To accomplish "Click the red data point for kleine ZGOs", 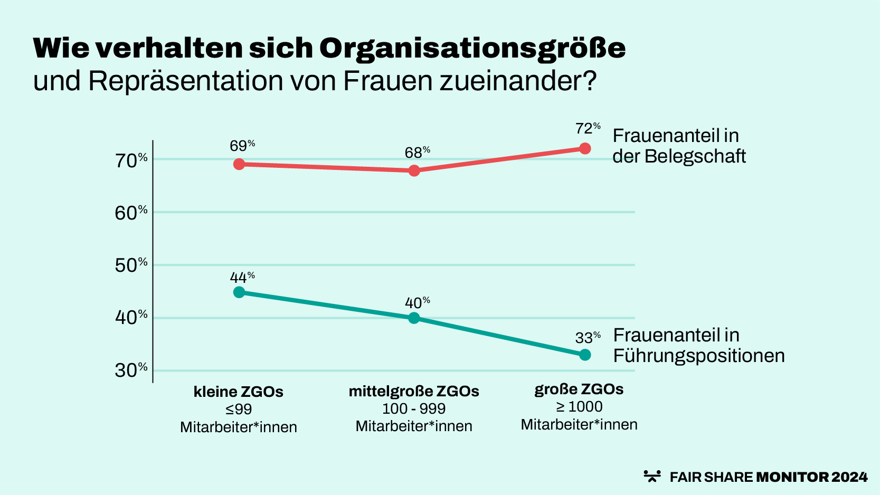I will pos(239,164).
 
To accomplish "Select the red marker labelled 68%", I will pos(414,170).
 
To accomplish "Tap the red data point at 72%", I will pos(585,148).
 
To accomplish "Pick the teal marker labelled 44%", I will pos(239,292).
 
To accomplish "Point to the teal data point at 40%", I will pos(414,318).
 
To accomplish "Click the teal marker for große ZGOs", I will pos(585,355).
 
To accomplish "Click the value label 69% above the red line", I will pos(242,146).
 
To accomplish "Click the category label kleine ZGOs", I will pos(239,392).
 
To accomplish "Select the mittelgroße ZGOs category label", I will pos(414,391).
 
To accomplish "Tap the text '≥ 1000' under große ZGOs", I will pos(579,406).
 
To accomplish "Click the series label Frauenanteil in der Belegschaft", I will pos(678,146).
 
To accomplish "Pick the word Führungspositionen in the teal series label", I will pos(699,356).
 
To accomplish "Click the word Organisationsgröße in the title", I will pos(472,49).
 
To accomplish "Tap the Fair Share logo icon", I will pos(652,476).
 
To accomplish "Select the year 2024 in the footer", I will pos(849,477).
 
